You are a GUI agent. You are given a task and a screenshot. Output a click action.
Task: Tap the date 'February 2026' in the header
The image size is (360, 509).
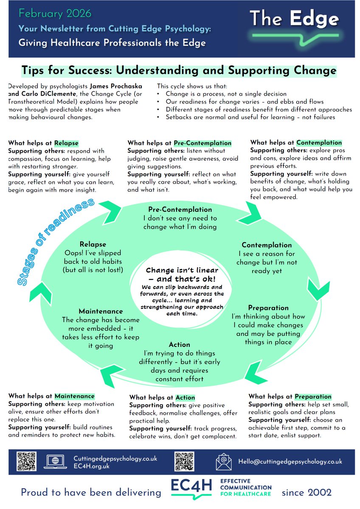point(55,14)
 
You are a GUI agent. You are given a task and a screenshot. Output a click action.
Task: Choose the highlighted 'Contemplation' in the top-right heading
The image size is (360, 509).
point(319,143)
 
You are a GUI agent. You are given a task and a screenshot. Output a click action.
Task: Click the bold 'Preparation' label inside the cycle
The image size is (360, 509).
point(268,308)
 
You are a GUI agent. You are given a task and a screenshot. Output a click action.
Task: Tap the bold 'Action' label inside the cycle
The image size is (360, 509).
point(179,344)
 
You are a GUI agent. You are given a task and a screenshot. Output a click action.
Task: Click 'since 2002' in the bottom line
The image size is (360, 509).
point(307,492)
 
